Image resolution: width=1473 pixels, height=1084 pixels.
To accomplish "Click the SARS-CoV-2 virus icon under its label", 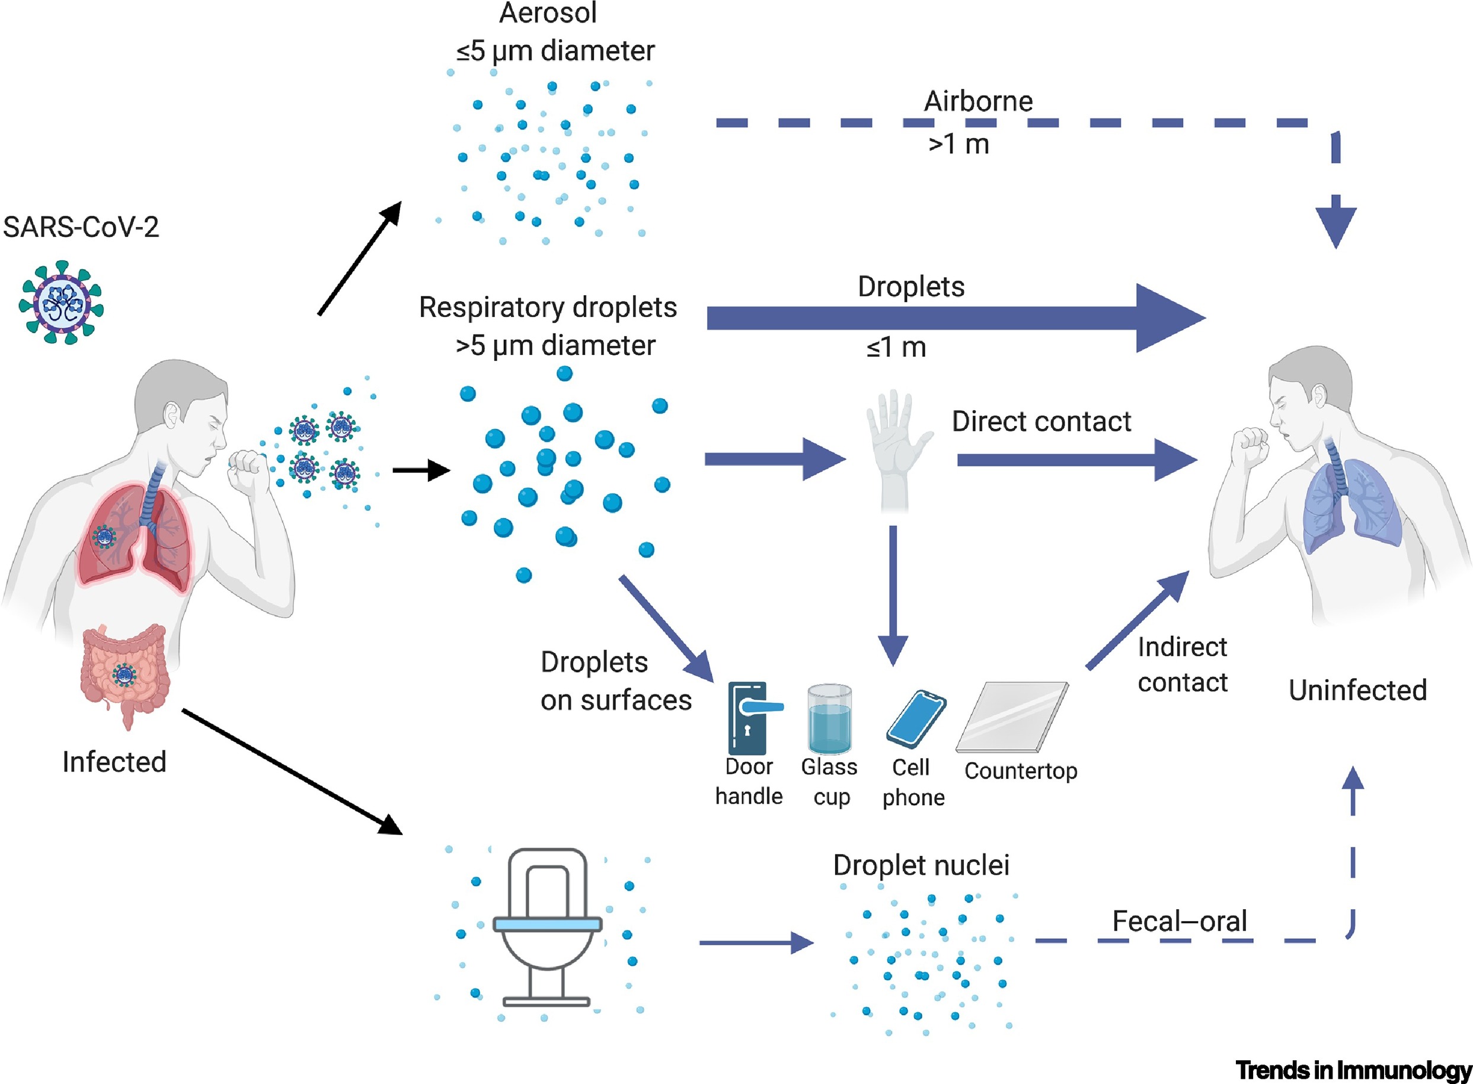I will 61,302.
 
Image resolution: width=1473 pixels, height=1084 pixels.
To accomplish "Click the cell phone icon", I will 915,719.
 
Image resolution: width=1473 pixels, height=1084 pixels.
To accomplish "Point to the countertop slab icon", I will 1012,717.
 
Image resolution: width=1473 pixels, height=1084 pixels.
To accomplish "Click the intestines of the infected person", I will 124,673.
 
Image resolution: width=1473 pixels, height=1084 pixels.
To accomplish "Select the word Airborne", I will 977,101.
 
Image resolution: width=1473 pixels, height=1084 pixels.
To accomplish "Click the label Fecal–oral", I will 1179,921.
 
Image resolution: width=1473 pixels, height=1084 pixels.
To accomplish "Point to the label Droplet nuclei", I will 921,865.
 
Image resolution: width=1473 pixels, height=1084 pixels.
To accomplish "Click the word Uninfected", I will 1357,690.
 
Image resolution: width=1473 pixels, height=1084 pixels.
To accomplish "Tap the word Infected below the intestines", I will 114,762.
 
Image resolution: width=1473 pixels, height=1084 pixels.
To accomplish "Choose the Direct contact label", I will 1041,421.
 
